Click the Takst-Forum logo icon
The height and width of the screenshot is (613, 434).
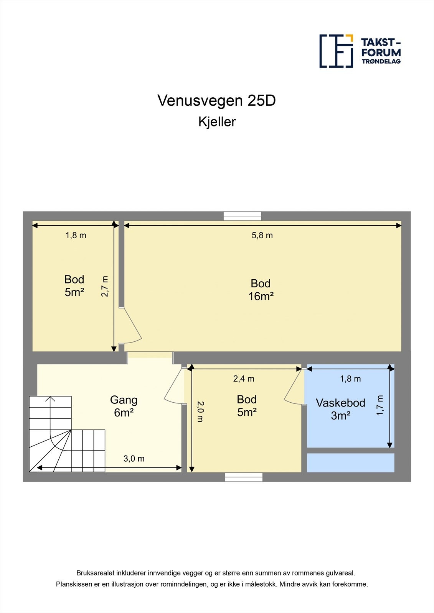click(x=336, y=51)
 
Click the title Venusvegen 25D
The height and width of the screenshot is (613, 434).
click(x=216, y=101)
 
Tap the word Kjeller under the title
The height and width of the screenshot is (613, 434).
click(x=217, y=122)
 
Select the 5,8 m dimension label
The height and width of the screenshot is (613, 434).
click(x=262, y=235)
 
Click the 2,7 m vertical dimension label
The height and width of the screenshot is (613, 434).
click(x=105, y=286)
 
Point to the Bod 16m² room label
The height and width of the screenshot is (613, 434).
click(x=261, y=290)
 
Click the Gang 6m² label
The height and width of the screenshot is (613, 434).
click(x=124, y=406)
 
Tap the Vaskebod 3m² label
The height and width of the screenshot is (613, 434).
click(x=340, y=409)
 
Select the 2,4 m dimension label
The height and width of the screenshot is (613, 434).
click(x=244, y=379)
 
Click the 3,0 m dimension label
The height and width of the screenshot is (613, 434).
click(x=134, y=459)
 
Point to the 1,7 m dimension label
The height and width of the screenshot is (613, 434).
click(x=380, y=405)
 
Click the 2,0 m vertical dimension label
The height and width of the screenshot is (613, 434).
click(x=200, y=411)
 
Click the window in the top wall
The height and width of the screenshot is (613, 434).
click(x=242, y=216)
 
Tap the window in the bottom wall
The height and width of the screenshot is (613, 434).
click(x=244, y=477)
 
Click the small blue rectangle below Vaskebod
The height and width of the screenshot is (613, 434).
click(x=350, y=463)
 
